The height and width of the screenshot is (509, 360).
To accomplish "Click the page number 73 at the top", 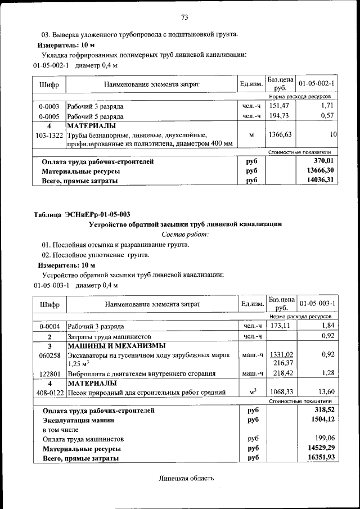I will pos(184,16).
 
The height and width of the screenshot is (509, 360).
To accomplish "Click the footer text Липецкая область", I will pos(187,479).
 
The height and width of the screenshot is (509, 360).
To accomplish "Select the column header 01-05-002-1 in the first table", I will pos(317,84).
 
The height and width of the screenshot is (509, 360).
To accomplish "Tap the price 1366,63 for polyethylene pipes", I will pos(281,135).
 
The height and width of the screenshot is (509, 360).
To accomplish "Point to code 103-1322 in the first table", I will pos(48,135).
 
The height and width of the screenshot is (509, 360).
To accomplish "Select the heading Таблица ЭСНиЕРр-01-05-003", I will pos(82,214).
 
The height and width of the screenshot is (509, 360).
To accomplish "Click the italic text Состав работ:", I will pos(185,233).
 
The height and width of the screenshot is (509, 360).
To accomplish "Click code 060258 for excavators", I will pos(49,355).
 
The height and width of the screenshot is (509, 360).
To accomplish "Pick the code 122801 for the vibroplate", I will pos(49,373).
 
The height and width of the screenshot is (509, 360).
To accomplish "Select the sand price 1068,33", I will pos(281,392).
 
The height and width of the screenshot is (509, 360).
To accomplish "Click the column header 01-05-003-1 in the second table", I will pos(317,304).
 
